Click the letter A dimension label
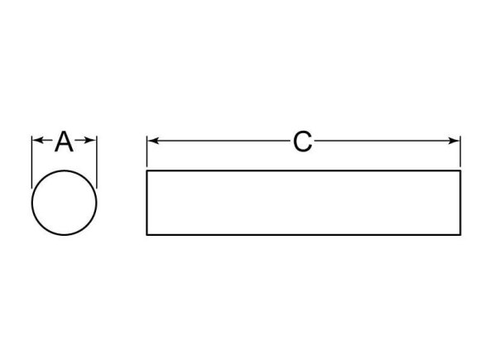[64, 142]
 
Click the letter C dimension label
[302, 142]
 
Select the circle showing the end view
[32, 203]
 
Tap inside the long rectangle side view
[304, 203]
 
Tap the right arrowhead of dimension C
[454, 141]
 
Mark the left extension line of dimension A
[31, 162]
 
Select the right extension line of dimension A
[97, 162]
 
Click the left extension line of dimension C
[147, 151]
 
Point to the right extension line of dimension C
[460, 151]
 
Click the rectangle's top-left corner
[146, 170]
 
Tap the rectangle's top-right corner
[460, 170]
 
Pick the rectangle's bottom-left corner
[146, 235]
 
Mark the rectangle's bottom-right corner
[460, 235]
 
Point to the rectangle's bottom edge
[304, 235]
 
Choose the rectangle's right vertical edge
[460, 203]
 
